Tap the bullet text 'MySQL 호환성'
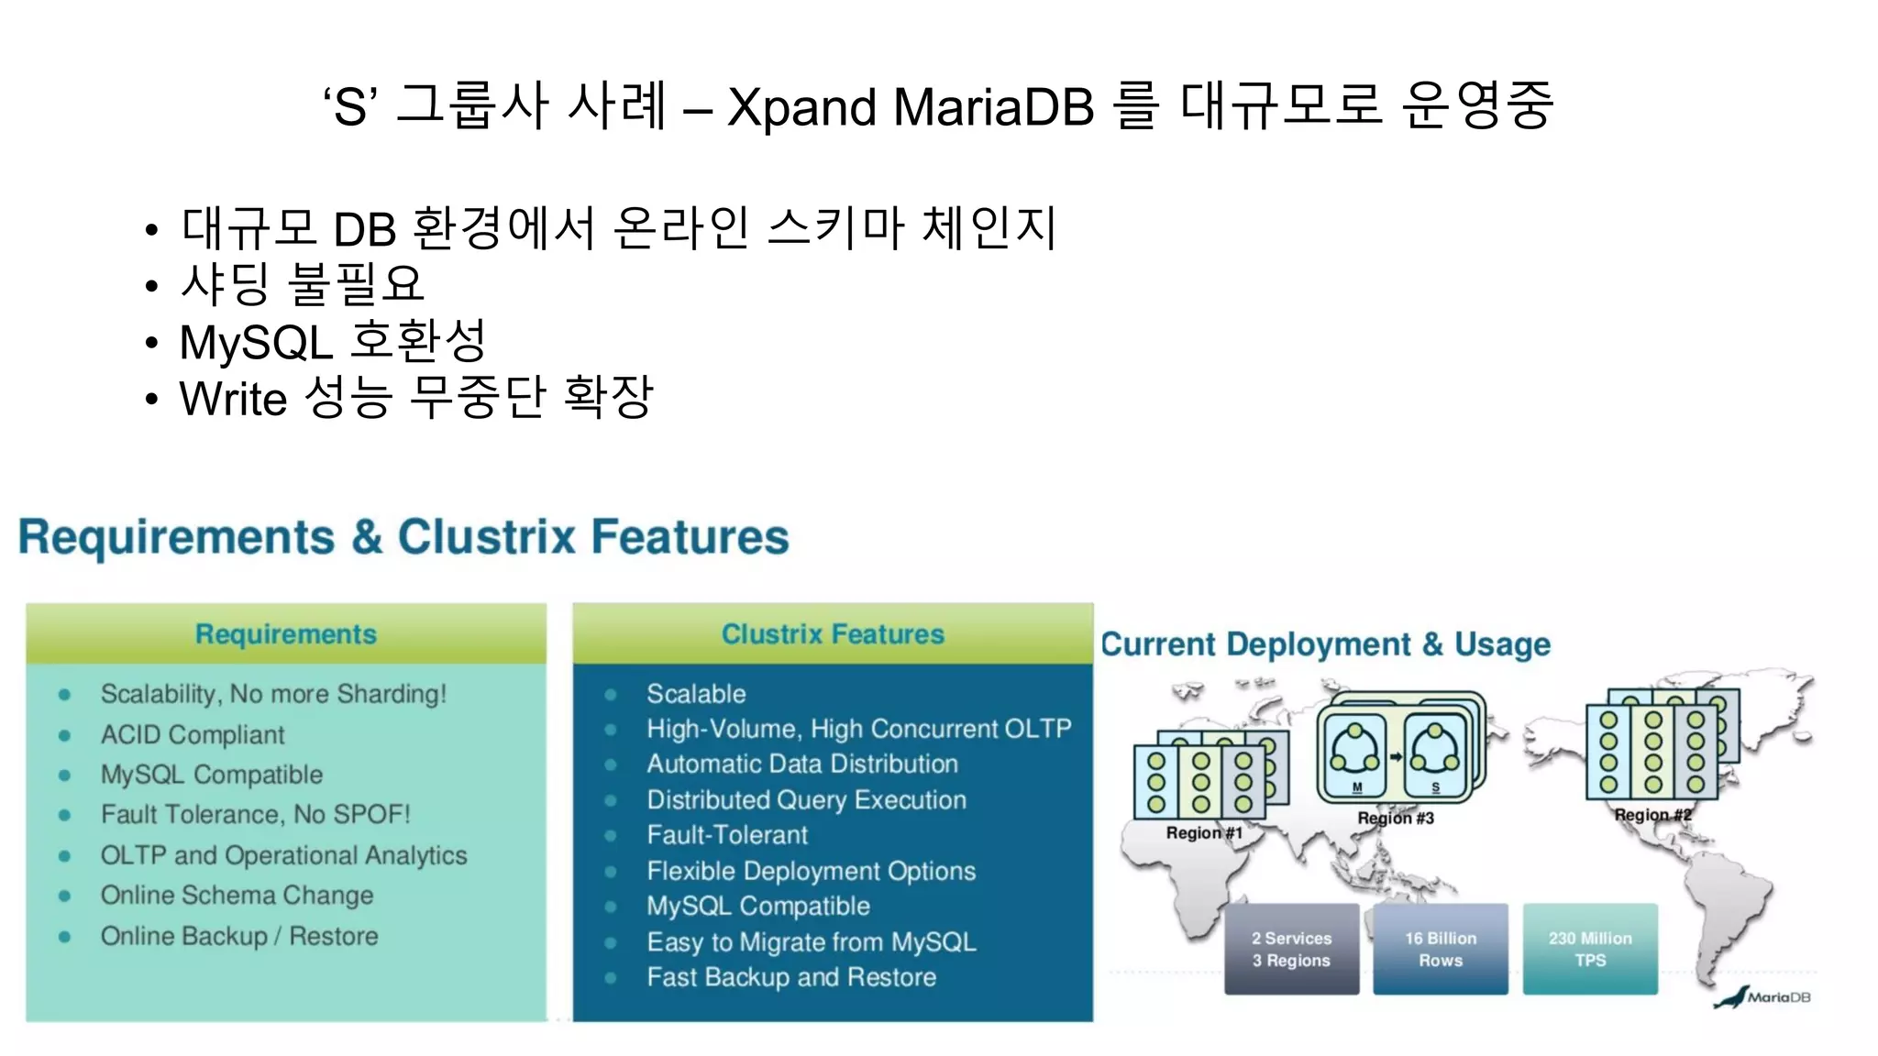point(332,342)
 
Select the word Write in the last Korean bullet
point(233,399)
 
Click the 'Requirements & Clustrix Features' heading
point(403,536)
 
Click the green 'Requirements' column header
point(286,634)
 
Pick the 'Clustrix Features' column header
point(833,634)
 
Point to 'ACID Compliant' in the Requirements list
point(193,734)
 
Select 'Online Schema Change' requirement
point(237,895)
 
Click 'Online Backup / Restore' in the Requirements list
point(239,936)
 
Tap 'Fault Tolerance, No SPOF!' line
point(255,814)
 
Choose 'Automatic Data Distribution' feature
point(802,764)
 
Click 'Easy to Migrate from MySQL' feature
point(812,941)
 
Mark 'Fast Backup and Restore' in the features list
point(791,977)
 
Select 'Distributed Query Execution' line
point(806,799)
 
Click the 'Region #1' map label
point(1203,832)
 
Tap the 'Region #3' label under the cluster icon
point(1396,818)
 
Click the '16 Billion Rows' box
point(1441,950)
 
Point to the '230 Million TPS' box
point(1590,950)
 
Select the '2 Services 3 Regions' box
point(1291,950)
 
